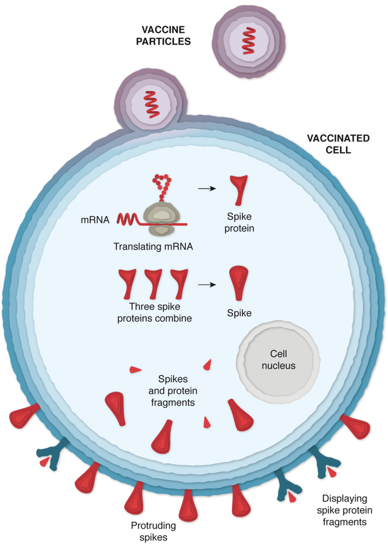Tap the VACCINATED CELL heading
(339, 144)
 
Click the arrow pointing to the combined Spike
(208, 284)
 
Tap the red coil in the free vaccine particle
(249, 41)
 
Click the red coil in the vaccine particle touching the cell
(149, 103)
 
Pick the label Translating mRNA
(153, 246)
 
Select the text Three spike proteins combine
(154, 313)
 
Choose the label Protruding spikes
(154, 531)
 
